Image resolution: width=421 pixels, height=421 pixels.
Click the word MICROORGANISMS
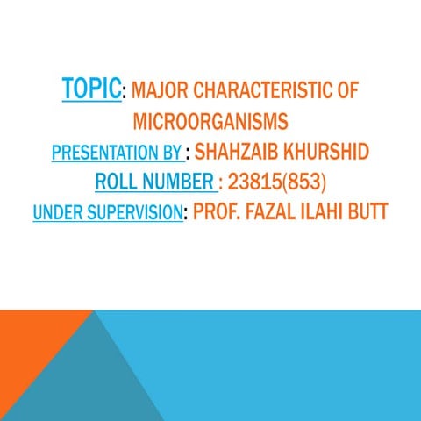210,121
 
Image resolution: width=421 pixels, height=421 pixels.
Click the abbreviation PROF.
218,212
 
